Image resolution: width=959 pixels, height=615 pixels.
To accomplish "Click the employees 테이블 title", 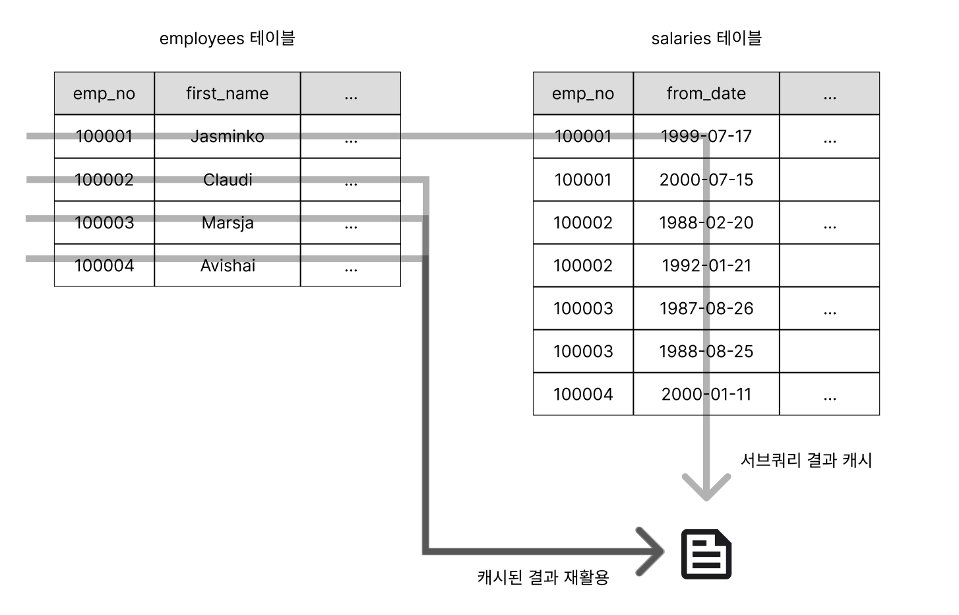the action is [x=228, y=38].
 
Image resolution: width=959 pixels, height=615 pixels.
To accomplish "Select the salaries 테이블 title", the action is [x=706, y=38].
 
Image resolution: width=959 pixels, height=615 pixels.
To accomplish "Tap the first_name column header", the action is [x=228, y=93].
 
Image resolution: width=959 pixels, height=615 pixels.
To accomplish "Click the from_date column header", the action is [x=706, y=93].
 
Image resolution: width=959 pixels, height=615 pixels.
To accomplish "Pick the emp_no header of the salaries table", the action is [x=583, y=93].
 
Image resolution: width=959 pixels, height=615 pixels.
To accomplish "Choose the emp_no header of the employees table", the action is [x=104, y=93].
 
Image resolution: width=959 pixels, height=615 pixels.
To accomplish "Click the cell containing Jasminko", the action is [x=228, y=136].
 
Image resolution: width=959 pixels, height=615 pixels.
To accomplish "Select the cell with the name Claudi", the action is [x=228, y=180].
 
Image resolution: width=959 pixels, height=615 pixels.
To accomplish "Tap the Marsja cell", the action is [x=228, y=222].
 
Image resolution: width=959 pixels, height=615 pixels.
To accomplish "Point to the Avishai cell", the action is [x=228, y=265].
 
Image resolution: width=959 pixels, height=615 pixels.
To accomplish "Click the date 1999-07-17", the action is [x=706, y=136].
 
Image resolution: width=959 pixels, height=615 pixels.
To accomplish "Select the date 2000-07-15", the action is [x=706, y=180].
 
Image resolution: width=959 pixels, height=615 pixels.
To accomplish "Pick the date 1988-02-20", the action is [x=706, y=222].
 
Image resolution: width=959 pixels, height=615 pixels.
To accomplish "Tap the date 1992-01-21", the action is [x=706, y=265].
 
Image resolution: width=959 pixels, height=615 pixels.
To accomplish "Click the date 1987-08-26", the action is [x=706, y=308].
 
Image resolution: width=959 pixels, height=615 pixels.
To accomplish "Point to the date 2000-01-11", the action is [x=706, y=394].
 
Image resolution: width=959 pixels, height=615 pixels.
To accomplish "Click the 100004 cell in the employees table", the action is [x=104, y=265].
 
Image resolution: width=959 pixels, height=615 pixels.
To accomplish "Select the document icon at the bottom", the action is [x=706, y=554].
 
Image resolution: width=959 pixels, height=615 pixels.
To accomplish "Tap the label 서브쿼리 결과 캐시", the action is [x=807, y=461].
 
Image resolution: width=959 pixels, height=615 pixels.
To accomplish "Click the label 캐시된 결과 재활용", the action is [x=543, y=577].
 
